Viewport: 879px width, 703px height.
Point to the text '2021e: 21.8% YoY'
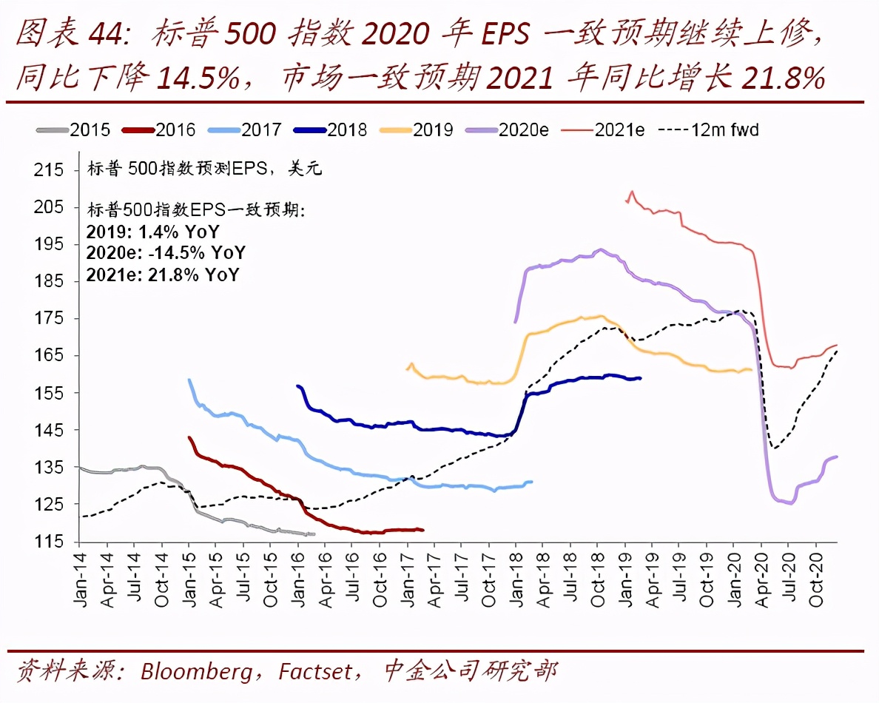pos(163,275)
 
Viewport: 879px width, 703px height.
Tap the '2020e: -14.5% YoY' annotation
pos(166,254)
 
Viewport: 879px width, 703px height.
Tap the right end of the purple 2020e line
pos(837,457)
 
